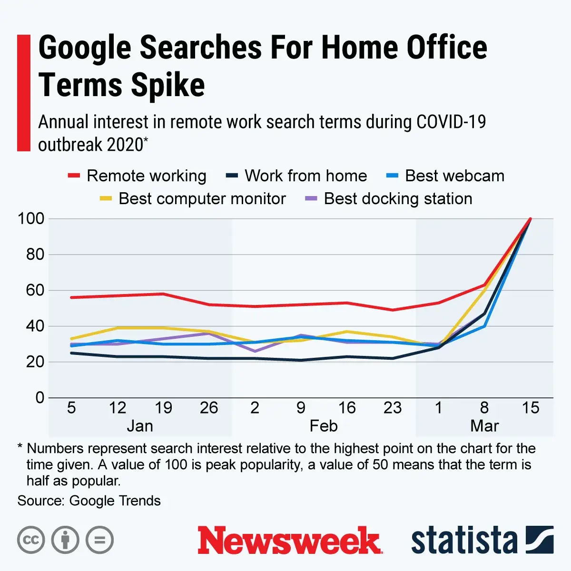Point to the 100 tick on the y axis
[x=31, y=219]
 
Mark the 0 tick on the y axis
[x=39, y=398]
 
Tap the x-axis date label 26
[x=209, y=408]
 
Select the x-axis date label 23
[x=393, y=408]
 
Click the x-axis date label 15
[x=530, y=408]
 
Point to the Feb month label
[x=324, y=426]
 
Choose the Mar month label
[x=484, y=426]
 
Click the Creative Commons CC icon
[x=31, y=540]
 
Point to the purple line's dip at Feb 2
[x=255, y=351]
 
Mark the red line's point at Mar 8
[x=484, y=285]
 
